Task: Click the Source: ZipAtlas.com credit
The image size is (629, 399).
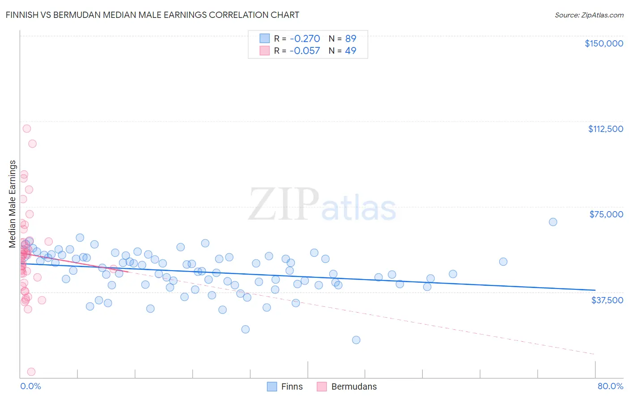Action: [x=589, y=15]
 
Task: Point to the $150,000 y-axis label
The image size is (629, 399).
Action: [x=603, y=43]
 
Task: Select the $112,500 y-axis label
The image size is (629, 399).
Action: [x=605, y=129]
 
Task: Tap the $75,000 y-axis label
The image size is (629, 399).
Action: [x=606, y=214]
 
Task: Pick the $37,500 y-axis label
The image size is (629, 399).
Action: [x=607, y=300]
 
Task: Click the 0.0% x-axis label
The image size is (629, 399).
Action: [x=30, y=386]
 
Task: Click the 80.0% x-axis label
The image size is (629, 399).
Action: [x=610, y=386]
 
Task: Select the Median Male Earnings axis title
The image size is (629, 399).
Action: [x=13, y=204]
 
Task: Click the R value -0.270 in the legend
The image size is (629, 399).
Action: [x=305, y=38]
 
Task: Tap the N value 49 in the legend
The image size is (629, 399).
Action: [x=351, y=51]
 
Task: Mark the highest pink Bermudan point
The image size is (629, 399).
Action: [x=27, y=128]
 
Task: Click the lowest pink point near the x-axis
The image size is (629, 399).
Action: [x=31, y=372]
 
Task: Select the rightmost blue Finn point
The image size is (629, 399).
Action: [x=553, y=222]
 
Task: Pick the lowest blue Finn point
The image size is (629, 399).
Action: [x=356, y=340]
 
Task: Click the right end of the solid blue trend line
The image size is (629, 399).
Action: [x=595, y=290]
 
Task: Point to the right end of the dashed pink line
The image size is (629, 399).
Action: [x=595, y=354]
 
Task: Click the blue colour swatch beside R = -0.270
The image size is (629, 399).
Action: [x=265, y=38]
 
